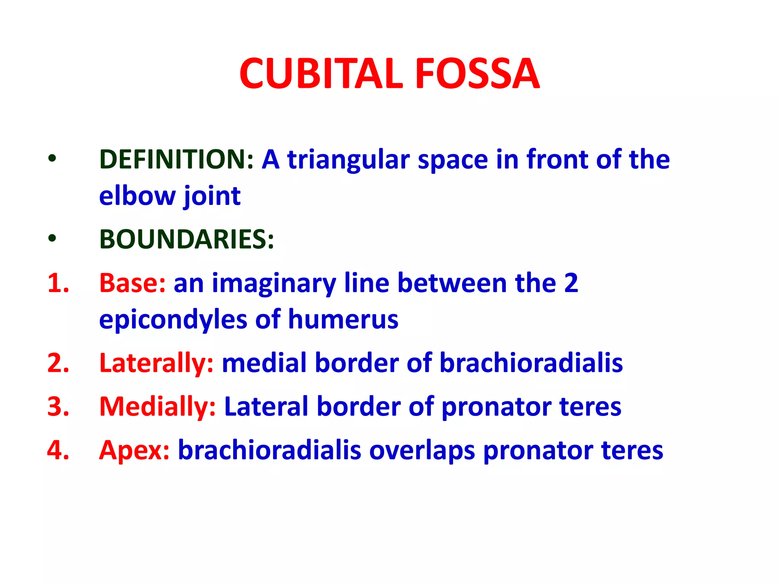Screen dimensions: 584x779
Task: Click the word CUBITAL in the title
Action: [321, 73]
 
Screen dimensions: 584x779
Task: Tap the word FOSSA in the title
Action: [477, 73]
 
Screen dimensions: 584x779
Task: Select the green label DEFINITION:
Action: [176, 159]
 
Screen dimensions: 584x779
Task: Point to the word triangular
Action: [348, 160]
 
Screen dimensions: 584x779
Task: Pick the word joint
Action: [212, 197]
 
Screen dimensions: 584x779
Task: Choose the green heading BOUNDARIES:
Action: [186, 240]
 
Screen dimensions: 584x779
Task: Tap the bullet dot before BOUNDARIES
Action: [52, 239]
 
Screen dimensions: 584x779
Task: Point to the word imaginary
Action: [274, 284]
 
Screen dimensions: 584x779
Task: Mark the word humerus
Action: [343, 319]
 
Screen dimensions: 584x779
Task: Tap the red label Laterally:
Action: [156, 363]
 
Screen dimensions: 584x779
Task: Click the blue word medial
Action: [264, 362]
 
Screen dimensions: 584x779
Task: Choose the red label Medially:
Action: [157, 407]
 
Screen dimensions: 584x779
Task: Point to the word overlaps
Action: [422, 451]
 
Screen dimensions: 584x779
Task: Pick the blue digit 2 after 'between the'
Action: [571, 283]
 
